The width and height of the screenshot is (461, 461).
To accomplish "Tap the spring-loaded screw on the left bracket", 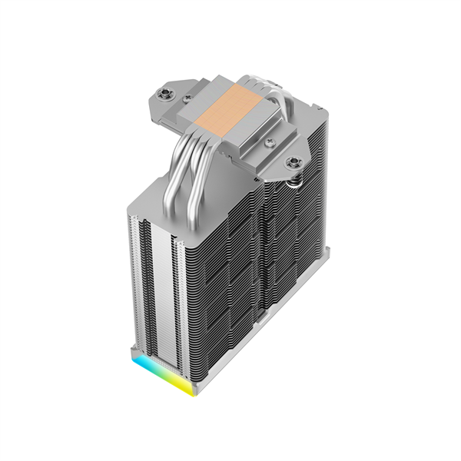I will [164, 94].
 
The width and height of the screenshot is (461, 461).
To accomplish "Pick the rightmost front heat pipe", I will [201, 177].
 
